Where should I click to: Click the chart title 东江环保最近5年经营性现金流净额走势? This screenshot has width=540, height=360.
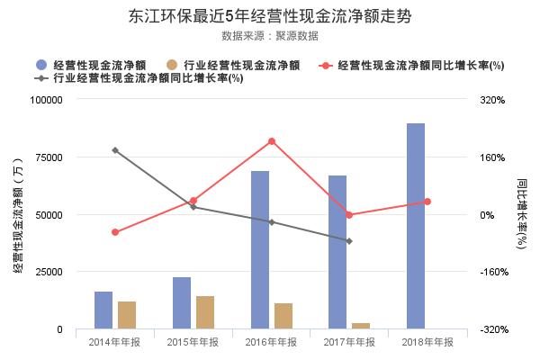click(x=270, y=16)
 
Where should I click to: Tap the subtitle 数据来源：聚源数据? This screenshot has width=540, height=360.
click(x=270, y=36)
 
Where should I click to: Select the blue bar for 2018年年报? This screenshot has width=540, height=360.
click(x=415, y=226)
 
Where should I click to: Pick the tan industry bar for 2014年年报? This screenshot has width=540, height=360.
click(x=127, y=315)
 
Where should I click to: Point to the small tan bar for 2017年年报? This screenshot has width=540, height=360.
click(x=361, y=326)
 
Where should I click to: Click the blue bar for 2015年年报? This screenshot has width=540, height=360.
click(x=182, y=302)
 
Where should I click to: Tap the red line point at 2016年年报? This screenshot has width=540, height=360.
click(x=271, y=141)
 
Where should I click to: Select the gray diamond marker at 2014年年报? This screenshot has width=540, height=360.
click(x=115, y=150)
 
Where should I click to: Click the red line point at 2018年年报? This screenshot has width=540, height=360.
click(x=427, y=202)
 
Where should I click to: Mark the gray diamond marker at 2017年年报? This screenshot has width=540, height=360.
click(x=349, y=241)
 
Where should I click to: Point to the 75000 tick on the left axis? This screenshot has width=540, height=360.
click(x=48, y=157)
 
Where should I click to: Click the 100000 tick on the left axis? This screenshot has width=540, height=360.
click(x=45, y=100)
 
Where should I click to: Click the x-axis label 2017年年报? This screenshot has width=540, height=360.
click(x=349, y=343)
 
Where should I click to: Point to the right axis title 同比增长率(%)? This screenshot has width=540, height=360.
click(x=522, y=214)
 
